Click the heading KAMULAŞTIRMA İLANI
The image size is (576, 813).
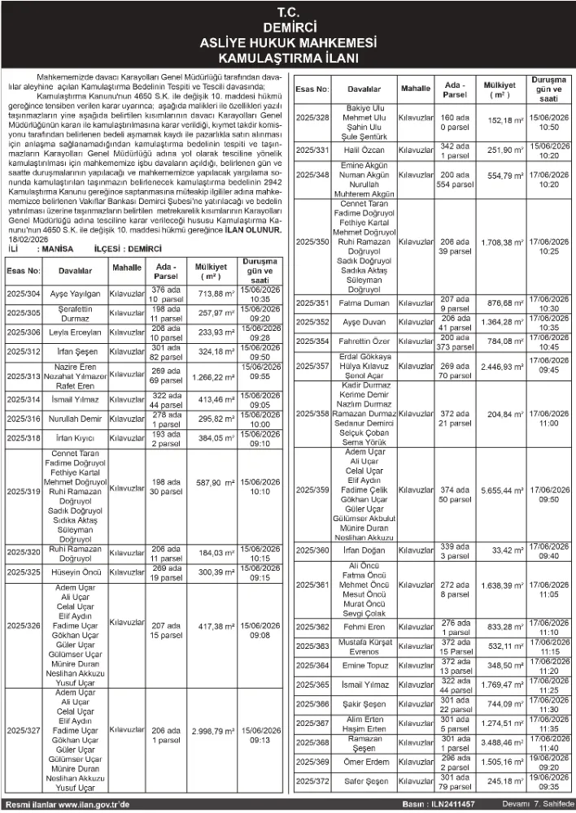(288, 59)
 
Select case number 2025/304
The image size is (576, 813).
(23, 293)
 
